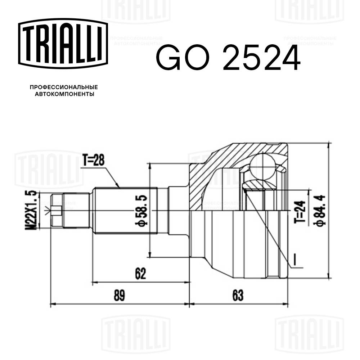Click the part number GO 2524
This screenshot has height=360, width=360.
click(228, 58)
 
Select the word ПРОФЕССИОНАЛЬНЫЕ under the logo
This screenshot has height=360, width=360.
click(64, 87)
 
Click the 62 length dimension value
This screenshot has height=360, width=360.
click(140, 274)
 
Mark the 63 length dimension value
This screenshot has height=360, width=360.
click(238, 296)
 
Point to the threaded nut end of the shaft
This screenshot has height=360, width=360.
click(58, 210)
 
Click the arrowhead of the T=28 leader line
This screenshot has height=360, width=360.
click(118, 186)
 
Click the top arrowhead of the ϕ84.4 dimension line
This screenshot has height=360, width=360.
click(328, 144)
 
